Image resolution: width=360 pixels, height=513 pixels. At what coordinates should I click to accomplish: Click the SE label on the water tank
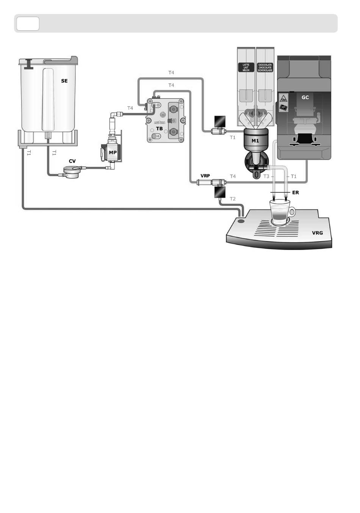[64, 81]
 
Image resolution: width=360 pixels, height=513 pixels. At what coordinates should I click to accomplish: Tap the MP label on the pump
[113, 152]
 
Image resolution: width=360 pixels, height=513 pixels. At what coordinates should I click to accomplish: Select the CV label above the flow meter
[72, 161]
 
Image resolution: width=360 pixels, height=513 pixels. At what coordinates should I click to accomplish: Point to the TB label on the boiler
[159, 129]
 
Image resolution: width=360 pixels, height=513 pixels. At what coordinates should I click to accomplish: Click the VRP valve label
[205, 176]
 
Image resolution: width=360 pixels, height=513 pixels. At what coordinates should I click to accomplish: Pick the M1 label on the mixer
[255, 141]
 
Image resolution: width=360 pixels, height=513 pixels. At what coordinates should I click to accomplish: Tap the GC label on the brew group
[305, 97]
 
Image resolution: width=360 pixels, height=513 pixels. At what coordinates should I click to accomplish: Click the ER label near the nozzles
[296, 193]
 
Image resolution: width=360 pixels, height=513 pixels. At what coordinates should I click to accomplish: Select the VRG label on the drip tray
[318, 233]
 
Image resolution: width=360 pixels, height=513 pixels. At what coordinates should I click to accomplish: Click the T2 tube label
[233, 199]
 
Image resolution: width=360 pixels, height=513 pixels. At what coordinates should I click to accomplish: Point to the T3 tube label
[266, 176]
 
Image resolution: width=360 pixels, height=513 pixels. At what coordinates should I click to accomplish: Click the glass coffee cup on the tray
[280, 213]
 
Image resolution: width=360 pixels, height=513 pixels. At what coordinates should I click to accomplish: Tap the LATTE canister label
[246, 67]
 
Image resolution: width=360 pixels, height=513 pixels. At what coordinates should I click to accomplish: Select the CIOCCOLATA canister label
[265, 67]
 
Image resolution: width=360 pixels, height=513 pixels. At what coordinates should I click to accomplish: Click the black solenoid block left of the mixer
[219, 121]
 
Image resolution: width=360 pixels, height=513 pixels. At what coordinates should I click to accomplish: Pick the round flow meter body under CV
[72, 173]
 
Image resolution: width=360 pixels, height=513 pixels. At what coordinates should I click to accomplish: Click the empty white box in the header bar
[28, 24]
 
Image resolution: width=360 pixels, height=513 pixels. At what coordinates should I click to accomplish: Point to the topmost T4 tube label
[171, 72]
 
